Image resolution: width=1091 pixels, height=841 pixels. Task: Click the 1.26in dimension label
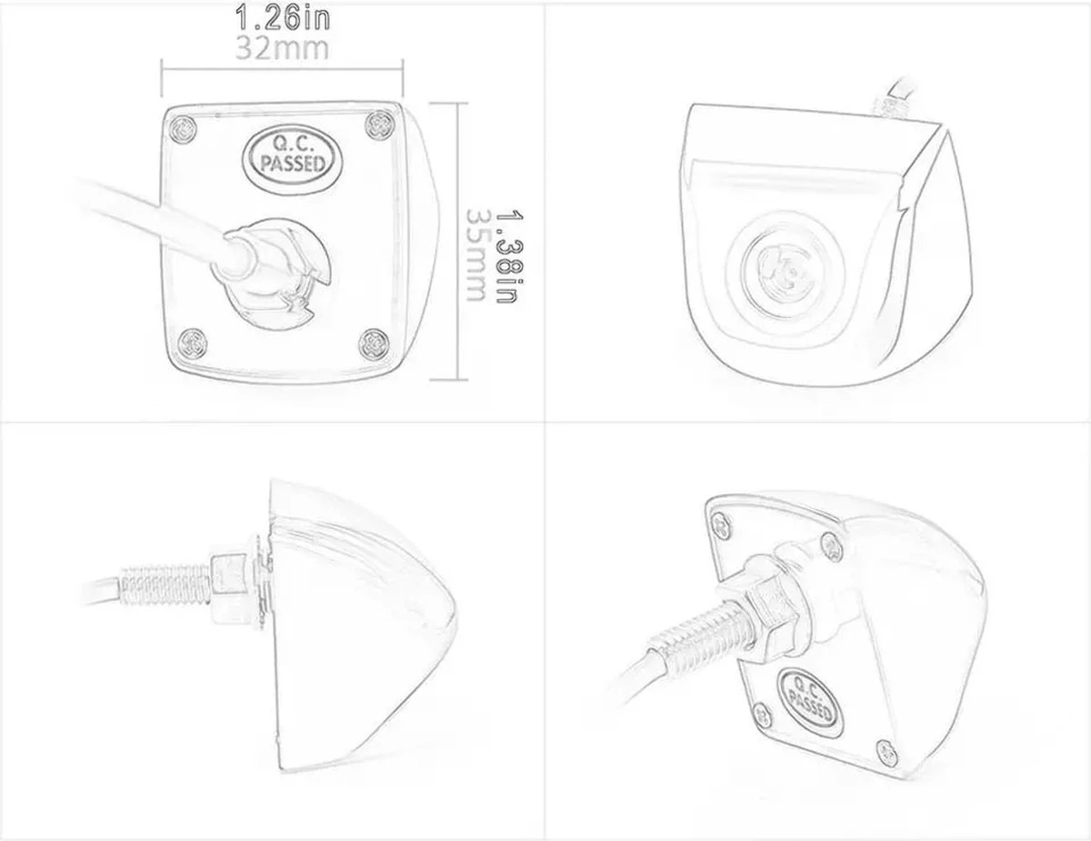[x=282, y=15]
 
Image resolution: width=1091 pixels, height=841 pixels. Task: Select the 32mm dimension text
[x=282, y=47]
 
